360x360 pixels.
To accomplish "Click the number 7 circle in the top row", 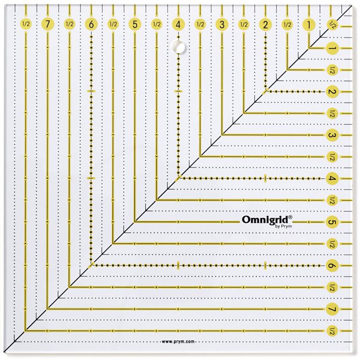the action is [x=48, y=24].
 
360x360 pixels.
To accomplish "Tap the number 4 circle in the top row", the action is [x=178, y=25].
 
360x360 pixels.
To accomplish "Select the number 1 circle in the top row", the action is [x=309, y=25].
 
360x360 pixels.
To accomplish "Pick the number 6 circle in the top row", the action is [x=91, y=24].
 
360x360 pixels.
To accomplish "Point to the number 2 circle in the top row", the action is [x=266, y=25].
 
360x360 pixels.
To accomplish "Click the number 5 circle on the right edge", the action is [x=332, y=222].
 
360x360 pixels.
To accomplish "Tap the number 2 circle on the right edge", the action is [x=332, y=92].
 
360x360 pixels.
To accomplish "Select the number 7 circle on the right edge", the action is [x=332, y=309].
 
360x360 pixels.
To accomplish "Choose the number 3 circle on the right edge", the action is [x=332, y=135].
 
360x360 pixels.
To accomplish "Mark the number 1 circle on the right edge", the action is [x=332, y=48].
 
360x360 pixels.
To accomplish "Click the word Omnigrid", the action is [x=265, y=220].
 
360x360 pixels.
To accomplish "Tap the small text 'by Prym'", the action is [x=283, y=226].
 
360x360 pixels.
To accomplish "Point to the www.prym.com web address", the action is [x=178, y=341].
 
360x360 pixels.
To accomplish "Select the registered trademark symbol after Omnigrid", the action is [x=290, y=217].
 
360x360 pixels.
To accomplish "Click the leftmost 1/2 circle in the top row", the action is [x=26, y=24].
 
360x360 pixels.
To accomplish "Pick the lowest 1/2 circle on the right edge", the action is [x=332, y=331].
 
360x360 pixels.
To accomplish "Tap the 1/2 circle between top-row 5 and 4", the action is [x=157, y=24].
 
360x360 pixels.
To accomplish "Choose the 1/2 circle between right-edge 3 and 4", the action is [x=332, y=157].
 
